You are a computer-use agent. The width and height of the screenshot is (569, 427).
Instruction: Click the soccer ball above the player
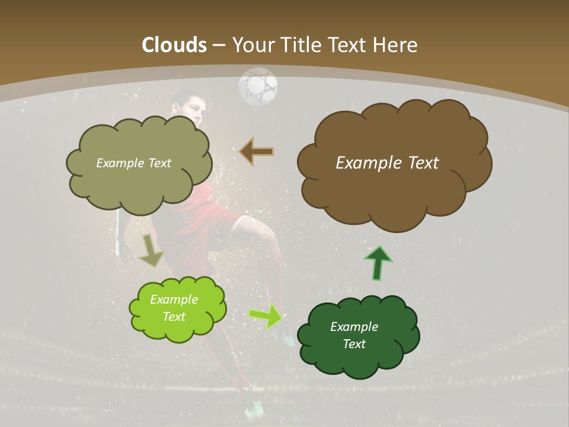point(258,87)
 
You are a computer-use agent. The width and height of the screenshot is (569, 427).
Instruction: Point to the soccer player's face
point(196,110)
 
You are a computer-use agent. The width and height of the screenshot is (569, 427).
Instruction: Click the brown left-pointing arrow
point(257,151)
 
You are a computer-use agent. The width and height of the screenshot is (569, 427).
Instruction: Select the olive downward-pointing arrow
point(151,249)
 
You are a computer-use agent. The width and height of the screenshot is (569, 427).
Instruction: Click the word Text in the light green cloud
point(174,317)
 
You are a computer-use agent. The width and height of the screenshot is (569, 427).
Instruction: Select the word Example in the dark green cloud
point(354,327)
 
